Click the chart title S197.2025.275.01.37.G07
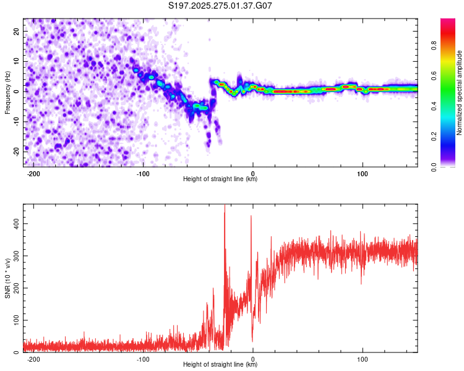click(221, 6)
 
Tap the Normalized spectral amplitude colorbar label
click(459, 93)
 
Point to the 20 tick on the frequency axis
click(17, 32)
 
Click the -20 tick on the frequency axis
click(15, 150)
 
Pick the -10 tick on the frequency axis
click(15, 121)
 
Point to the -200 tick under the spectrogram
click(33, 173)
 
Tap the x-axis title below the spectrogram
click(220, 179)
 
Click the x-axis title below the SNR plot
click(220, 365)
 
